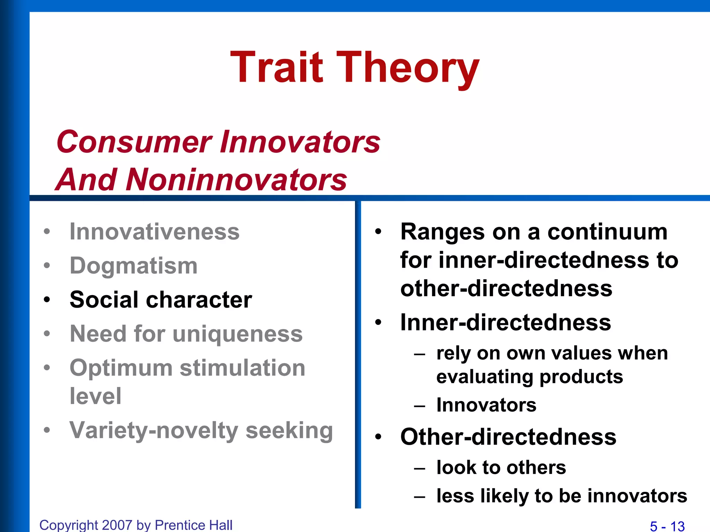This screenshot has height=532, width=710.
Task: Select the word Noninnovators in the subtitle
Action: coord(236,180)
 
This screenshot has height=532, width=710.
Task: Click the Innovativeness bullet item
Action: coord(154,231)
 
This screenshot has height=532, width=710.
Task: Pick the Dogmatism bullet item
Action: coord(133,266)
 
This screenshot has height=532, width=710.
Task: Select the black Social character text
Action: coord(161,300)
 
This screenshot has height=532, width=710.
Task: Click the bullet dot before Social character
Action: coord(47,300)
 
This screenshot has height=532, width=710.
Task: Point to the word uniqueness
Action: coord(237,334)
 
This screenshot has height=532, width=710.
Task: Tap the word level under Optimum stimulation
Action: coord(95,396)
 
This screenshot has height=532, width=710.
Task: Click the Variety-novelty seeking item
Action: coord(201,430)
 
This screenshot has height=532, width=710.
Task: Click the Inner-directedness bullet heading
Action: coord(505,322)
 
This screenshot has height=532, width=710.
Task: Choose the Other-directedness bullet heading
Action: coord(508,436)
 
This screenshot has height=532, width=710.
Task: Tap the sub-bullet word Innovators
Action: coord(486,405)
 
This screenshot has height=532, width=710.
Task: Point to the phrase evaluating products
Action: coord(529,376)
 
